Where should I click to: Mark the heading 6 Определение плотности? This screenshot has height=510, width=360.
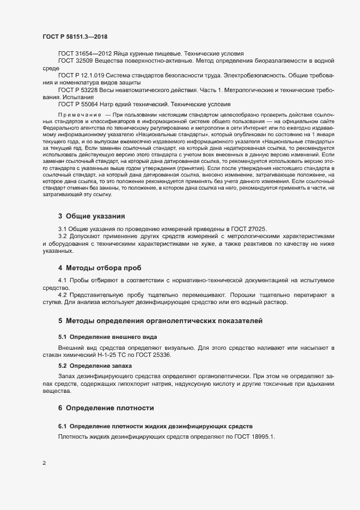(x=106, y=408)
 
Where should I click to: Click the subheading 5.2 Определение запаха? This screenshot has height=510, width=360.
(x=90, y=365)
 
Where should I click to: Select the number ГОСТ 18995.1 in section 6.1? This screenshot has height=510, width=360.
(x=256, y=436)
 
